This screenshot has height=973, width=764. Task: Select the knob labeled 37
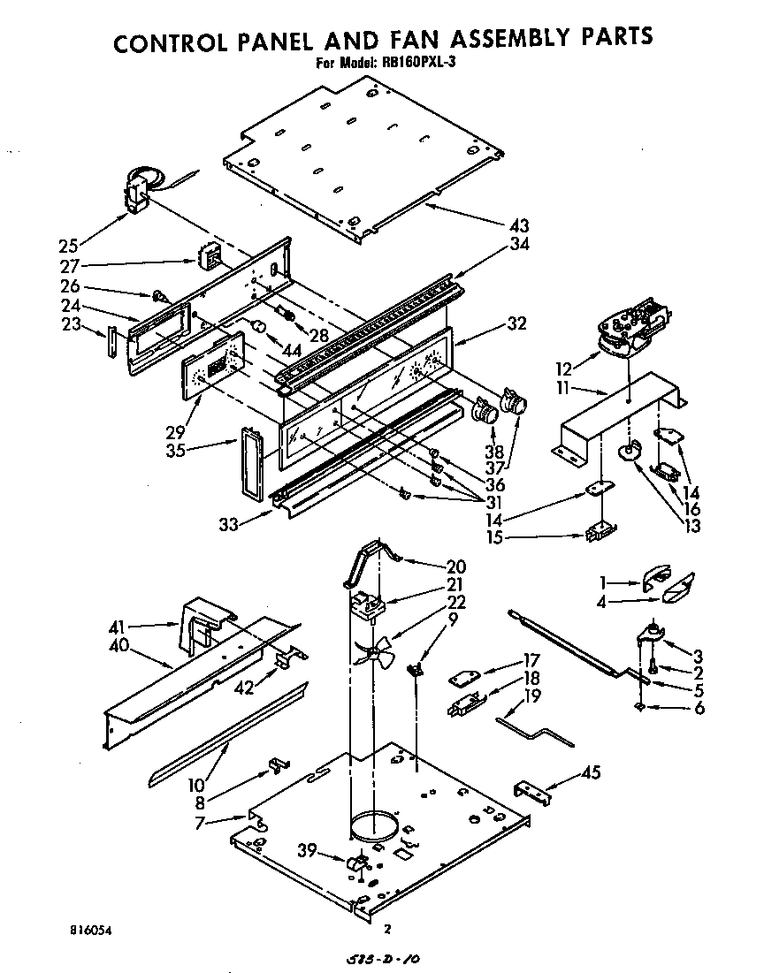point(514,404)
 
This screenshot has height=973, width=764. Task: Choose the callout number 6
point(699,708)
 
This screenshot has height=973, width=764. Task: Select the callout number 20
point(456,566)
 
